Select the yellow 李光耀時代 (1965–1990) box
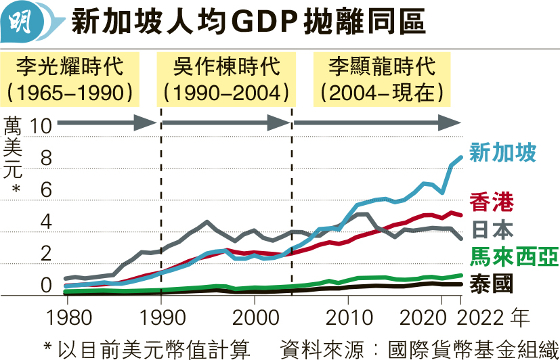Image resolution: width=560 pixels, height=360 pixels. point(70,78)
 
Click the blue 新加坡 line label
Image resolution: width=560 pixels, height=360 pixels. point(502,152)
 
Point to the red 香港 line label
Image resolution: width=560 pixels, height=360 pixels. point(492,202)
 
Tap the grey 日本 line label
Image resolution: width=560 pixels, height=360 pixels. point(492,229)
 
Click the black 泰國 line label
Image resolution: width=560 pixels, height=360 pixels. point(492,283)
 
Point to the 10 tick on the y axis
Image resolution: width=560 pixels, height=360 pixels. point(41,126)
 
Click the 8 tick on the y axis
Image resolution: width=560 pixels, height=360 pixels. point(45,158)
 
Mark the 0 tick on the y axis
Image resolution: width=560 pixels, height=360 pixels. point(45,286)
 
